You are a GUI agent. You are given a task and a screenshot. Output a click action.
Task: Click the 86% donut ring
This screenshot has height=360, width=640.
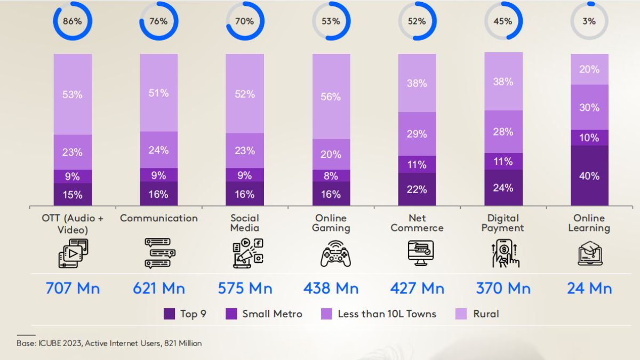pyautogui.click(x=72, y=21)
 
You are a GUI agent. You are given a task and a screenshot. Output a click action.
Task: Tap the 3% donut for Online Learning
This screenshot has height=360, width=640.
pyautogui.click(x=589, y=21)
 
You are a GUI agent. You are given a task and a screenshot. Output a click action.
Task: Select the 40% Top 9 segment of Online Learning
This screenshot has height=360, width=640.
pyautogui.click(x=589, y=175)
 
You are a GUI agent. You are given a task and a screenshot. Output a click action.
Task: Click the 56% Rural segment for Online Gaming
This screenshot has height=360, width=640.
pyautogui.click(x=331, y=97)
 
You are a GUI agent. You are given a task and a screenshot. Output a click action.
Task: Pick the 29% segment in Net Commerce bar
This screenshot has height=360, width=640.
pyautogui.click(x=417, y=134)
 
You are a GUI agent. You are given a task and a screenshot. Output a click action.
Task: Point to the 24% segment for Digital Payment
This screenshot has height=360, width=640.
pyautogui.click(x=503, y=188)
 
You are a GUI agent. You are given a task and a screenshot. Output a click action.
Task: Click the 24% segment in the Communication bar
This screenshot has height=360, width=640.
pyautogui.click(x=159, y=150)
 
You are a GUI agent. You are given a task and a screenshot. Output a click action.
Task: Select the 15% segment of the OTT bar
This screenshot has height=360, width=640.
pyautogui.click(x=73, y=195)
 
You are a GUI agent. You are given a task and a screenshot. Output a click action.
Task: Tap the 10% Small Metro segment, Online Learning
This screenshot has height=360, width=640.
pyautogui.click(x=589, y=138)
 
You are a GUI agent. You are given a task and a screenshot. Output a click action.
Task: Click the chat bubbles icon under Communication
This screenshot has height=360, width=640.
pyautogui.click(x=159, y=253)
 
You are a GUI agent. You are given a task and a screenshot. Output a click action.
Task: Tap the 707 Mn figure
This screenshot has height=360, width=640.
pyautogui.click(x=73, y=289)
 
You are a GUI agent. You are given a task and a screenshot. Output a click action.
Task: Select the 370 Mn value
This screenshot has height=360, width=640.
pyautogui.click(x=503, y=289)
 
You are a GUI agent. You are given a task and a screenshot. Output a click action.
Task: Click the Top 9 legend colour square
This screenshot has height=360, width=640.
pyautogui.click(x=169, y=314)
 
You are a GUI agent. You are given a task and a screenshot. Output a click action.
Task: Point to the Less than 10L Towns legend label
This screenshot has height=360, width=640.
pyautogui.click(x=387, y=314)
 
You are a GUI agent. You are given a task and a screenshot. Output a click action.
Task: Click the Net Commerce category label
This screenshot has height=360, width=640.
pyautogui.click(x=417, y=223)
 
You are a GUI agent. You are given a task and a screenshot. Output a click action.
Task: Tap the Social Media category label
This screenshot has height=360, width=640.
pyautogui.click(x=245, y=223)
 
